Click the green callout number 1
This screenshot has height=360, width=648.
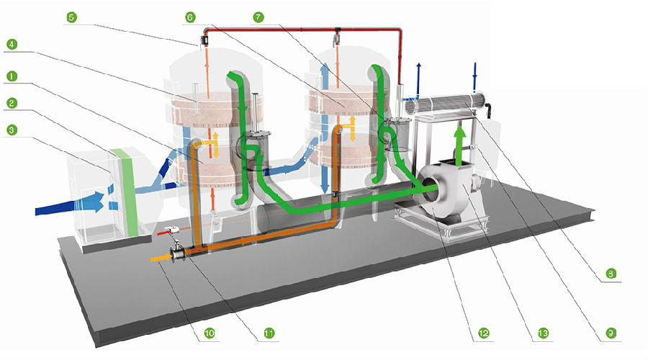pos(11,75)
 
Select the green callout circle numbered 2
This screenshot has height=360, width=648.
pos(11,103)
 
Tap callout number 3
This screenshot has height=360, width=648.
pos(11,130)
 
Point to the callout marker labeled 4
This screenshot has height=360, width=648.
pos(11,45)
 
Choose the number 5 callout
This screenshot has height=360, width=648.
pos(70,16)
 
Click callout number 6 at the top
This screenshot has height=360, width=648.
pos(189,16)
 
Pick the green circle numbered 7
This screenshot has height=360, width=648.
pos(257,16)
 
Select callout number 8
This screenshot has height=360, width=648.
pos(611,273)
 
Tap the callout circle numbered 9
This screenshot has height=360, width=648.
pos(611,333)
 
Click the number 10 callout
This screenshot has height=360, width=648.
pos(210,333)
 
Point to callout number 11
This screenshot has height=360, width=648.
pos(269,333)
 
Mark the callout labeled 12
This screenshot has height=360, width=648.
pos(483,333)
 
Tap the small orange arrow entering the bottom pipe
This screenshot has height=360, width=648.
pos(159,254)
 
